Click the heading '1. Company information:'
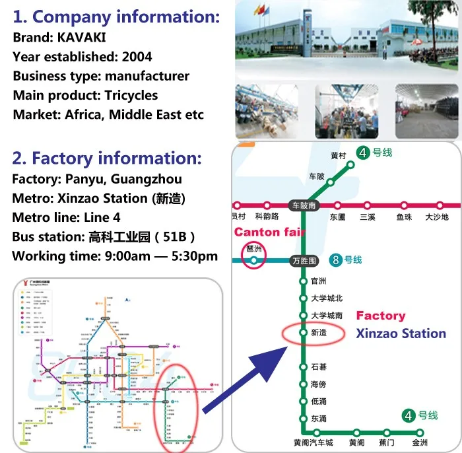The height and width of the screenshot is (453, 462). (x=116, y=17)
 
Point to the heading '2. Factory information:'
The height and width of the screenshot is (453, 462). (x=107, y=158)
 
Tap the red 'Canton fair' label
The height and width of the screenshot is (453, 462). (x=265, y=232)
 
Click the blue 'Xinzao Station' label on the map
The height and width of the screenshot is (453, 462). (x=401, y=333)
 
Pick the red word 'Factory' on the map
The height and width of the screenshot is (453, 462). (x=380, y=316)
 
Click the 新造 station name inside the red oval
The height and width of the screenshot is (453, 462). (x=319, y=333)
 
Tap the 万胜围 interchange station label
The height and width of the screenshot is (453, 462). (x=304, y=261)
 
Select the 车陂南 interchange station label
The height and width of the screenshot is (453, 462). (x=304, y=205)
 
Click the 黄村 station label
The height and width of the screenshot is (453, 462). (x=339, y=156)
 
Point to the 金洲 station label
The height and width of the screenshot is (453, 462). (x=420, y=442)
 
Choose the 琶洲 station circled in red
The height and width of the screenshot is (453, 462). (x=253, y=249)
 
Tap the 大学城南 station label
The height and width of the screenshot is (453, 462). (x=327, y=316)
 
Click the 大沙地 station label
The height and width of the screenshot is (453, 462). (x=436, y=217)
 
